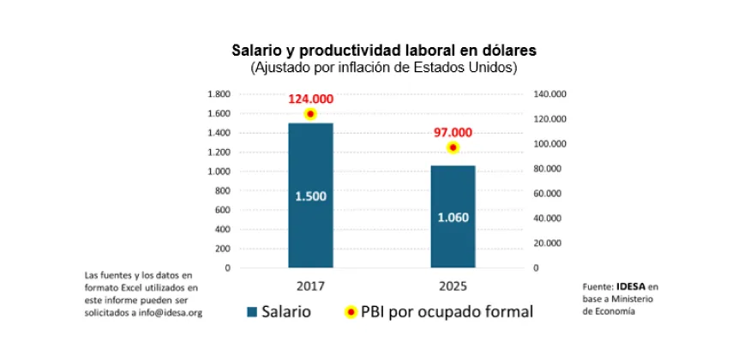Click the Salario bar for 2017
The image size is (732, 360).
point(310,231)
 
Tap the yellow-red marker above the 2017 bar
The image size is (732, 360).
point(310,114)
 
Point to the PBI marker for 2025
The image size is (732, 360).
point(453,147)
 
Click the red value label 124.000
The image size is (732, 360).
point(310,99)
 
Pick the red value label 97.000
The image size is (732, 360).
point(453,132)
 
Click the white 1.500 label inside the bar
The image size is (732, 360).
point(310,196)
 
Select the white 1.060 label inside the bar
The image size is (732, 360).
point(453,217)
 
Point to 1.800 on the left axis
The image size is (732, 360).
point(219,94)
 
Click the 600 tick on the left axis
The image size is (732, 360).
point(223,210)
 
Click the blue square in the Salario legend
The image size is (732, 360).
point(252,311)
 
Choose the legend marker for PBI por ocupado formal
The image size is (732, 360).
point(350,311)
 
